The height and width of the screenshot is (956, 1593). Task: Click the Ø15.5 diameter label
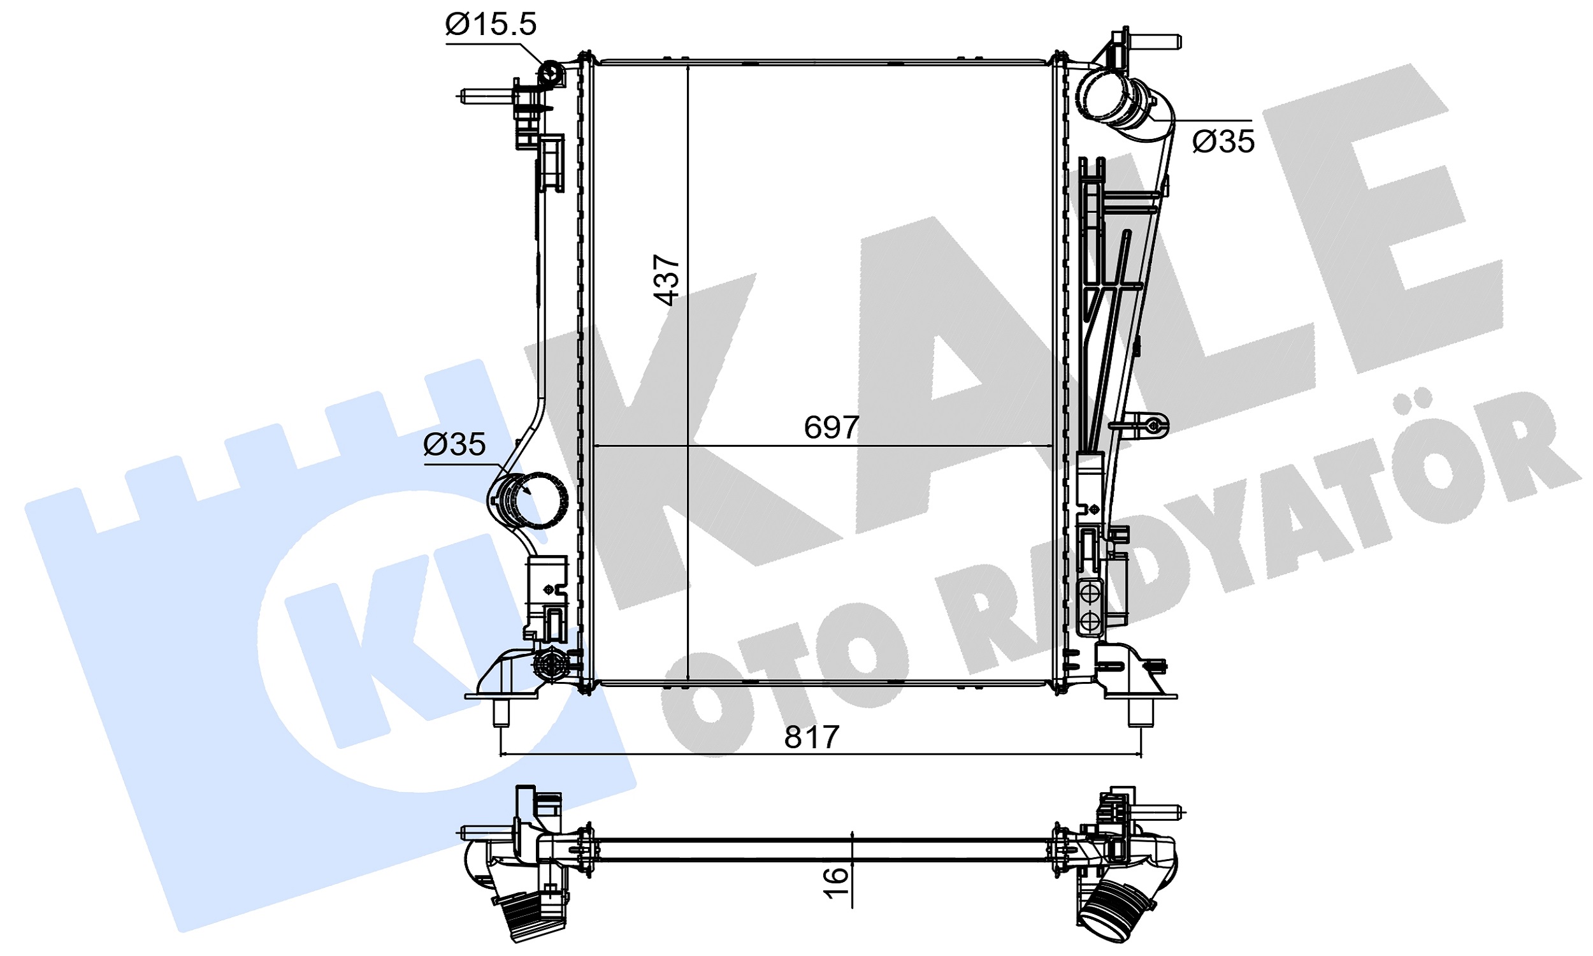pyautogui.click(x=490, y=24)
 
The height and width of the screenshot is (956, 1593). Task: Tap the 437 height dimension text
pyautogui.click(x=667, y=280)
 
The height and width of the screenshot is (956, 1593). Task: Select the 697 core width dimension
pyautogui.click(x=832, y=427)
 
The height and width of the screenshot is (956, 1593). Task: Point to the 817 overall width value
pyautogui.click(x=811, y=737)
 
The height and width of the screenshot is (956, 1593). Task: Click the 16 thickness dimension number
pyautogui.click(x=835, y=883)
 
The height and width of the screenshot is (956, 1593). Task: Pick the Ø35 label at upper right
pyautogui.click(x=1223, y=141)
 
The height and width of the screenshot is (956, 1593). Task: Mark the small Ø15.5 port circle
pyautogui.click(x=551, y=73)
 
